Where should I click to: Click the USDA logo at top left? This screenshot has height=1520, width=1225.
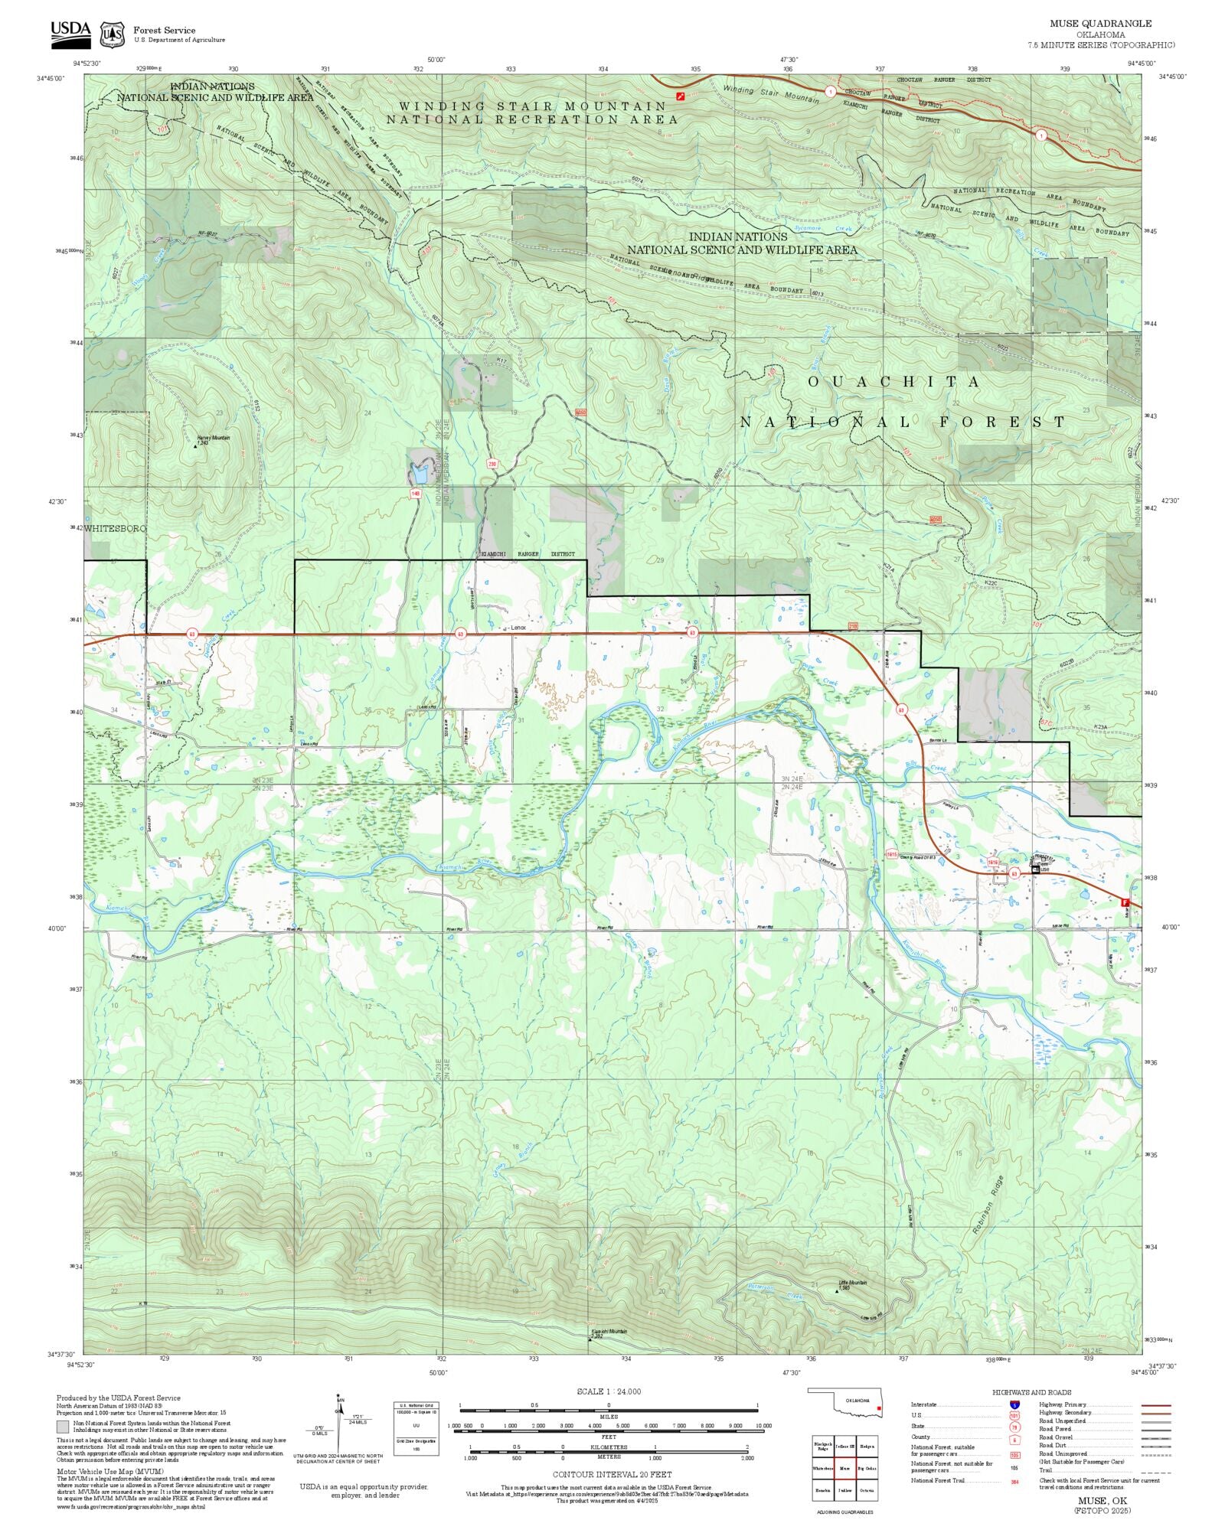70,34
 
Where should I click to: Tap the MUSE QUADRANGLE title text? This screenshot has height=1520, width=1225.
1100,24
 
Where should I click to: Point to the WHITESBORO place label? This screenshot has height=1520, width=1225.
115,528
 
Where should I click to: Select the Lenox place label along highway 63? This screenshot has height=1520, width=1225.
518,628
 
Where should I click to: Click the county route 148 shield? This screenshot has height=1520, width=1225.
416,494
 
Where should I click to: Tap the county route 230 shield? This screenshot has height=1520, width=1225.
492,464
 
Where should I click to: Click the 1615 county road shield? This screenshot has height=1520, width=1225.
891,854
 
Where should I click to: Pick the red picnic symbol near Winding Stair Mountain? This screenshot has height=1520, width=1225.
681,96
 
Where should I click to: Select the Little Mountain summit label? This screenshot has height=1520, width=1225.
852,1283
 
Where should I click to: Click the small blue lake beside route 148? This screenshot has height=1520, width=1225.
417,475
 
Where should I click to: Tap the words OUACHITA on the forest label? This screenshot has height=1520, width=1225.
893,381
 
